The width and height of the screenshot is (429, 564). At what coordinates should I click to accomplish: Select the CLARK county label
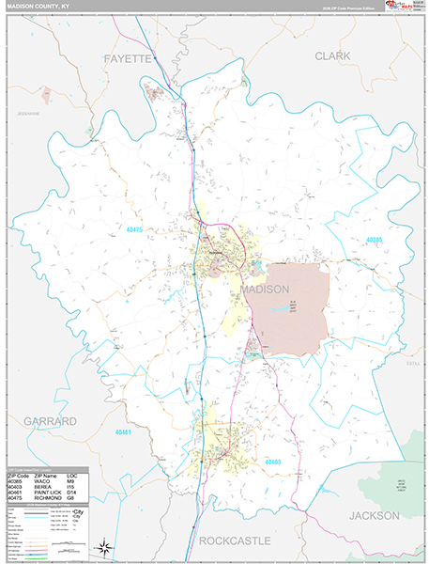pyautogui.click(x=332, y=56)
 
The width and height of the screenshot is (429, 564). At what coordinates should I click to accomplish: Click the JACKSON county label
pyautogui.click(x=374, y=515)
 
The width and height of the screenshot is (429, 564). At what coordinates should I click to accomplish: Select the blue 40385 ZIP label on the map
pyautogui.click(x=373, y=240)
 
